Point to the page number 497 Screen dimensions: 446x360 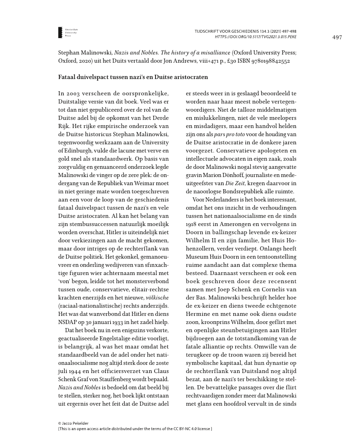pos(336,37)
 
